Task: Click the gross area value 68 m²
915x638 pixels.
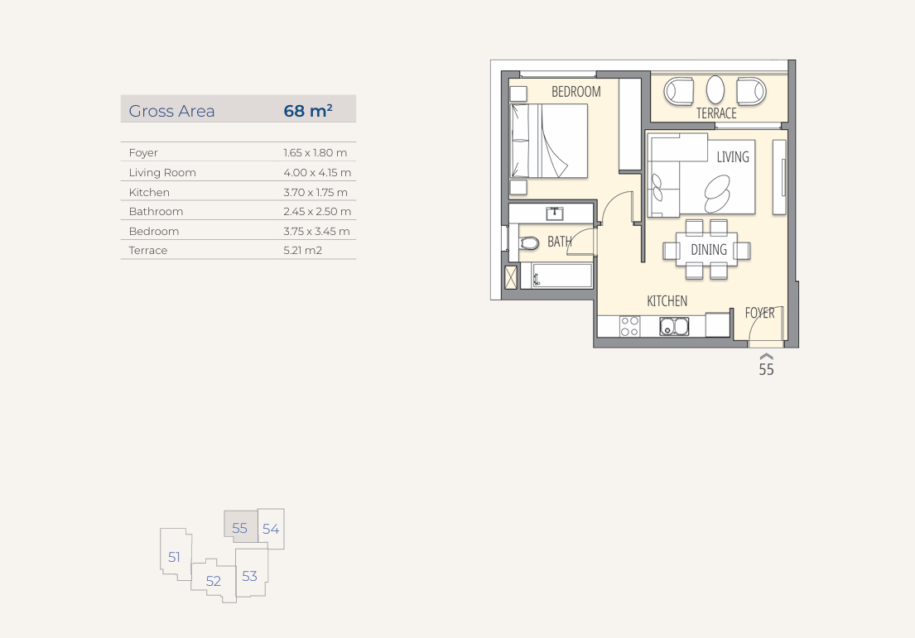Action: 308,110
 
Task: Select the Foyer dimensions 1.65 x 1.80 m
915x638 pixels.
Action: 315,153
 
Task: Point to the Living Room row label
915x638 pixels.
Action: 162,173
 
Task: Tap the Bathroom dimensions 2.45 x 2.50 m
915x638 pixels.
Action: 317,211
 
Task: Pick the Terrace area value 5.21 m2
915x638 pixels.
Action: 303,250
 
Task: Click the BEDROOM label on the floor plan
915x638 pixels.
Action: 576,92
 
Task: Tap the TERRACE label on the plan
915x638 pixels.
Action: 716,113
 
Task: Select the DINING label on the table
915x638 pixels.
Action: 709,250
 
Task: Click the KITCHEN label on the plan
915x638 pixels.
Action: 667,301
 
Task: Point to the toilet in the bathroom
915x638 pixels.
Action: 528,242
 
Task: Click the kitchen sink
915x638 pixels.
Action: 674,327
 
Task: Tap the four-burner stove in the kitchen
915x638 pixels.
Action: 629,327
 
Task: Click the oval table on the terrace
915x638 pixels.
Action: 715,90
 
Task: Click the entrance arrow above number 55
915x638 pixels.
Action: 766,357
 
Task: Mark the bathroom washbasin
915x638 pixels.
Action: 554,213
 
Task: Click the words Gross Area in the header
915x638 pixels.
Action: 171,111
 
